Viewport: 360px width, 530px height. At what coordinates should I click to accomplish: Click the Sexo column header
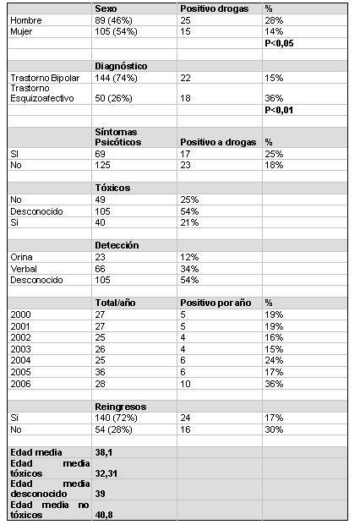(106, 8)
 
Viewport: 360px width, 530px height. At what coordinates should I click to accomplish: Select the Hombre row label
(26, 20)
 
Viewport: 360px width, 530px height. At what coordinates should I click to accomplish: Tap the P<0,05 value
(279, 43)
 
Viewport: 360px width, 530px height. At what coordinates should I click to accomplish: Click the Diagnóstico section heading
(121, 66)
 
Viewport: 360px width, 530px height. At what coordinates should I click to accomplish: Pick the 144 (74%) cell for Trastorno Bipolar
(116, 78)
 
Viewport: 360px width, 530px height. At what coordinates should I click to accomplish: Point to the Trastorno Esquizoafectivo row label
(42, 93)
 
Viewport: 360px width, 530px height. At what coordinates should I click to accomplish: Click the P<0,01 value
(279, 110)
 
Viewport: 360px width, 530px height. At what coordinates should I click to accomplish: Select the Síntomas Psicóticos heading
(118, 137)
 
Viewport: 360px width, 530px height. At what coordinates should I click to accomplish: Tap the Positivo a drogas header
(218, 142)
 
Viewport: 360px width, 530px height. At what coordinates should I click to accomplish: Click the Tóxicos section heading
(112, 188)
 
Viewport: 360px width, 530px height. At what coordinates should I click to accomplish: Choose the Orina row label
(21, 257)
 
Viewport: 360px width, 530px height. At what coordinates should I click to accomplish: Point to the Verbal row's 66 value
(100, 269)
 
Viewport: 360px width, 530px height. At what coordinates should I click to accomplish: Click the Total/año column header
(115, 303)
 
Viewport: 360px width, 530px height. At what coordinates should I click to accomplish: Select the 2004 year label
(20, 360)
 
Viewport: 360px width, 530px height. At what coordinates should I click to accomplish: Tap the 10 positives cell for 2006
(185, 384)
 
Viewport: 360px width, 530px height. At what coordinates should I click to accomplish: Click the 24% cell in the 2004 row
(274, 360)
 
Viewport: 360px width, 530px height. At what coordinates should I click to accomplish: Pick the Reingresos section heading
(121, 407)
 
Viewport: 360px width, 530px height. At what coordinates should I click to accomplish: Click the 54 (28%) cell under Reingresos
(113, 429)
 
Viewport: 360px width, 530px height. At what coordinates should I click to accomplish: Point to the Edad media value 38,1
(103, 452)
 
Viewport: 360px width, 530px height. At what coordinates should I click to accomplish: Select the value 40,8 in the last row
(104, 515)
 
